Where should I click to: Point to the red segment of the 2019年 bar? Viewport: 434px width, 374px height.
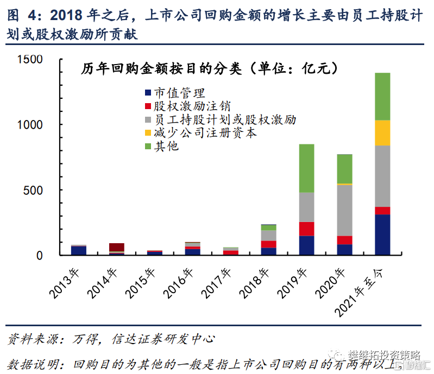click(x=306, y=229)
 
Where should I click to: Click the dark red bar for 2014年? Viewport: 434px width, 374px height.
click(x=116, y=247)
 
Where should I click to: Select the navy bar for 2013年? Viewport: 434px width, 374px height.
click(x=79, y=250)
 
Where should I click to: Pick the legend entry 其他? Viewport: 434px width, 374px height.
click(x=166, y=147)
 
